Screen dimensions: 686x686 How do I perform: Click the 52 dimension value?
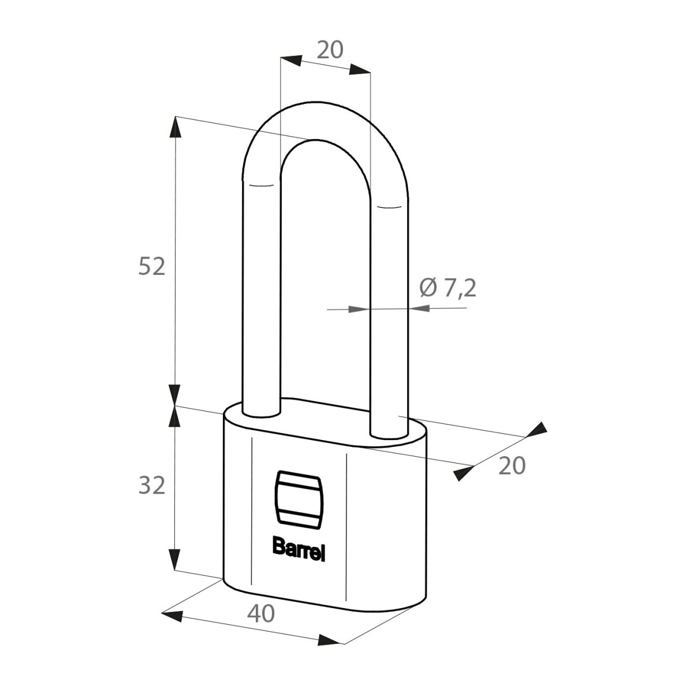click(152, 266)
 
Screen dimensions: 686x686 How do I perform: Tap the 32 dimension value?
click(152, 485)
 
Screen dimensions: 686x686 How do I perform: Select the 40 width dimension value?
click(261, 613)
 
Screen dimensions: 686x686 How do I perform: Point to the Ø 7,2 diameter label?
click(448, 288)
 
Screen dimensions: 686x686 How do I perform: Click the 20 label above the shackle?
click(330, 50)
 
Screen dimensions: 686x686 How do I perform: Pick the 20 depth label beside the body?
click(512, 465)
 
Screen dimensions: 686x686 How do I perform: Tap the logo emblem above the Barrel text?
click(299, 497)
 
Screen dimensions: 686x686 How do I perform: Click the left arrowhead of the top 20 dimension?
click(291, 61)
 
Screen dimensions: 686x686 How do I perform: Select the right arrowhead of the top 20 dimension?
click(360, 69)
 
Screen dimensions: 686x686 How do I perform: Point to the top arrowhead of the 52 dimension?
click(175, 127)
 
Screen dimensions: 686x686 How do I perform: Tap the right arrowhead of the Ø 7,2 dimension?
click(420, 308)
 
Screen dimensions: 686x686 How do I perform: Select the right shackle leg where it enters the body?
click(390, 431)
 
